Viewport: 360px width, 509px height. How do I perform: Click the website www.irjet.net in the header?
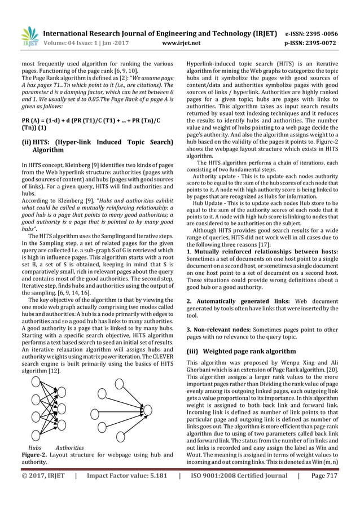pos(178,41)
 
